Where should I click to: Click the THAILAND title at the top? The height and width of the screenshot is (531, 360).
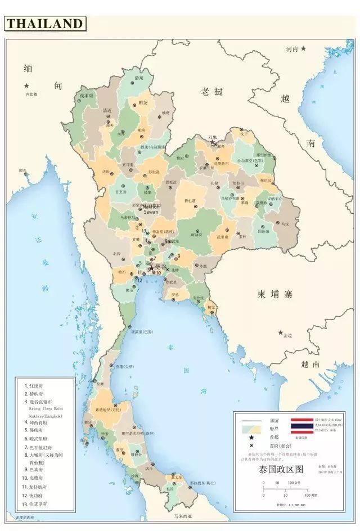[x=45, y=24]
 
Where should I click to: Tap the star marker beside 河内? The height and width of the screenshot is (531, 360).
[x=304, y=49]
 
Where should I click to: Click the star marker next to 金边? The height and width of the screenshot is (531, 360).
[x=281, y=332]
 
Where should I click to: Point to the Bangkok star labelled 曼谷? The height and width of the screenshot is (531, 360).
[x=151, y=268]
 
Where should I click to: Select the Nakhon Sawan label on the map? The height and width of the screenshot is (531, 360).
[x=151, y=209]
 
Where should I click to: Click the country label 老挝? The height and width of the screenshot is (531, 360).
[x=212, y=91]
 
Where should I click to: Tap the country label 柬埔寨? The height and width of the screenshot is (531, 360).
[x=276, y=294]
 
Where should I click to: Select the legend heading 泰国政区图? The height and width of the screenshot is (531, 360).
[x=281, y=468]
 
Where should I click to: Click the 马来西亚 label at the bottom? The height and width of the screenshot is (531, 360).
[x=182, y=516]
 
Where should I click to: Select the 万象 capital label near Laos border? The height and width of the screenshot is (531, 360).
[x=212, y=137]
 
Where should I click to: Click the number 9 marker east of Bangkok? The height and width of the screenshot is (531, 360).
[x=178, y=256]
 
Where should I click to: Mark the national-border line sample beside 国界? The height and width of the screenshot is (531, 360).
[x=251, y=420]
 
